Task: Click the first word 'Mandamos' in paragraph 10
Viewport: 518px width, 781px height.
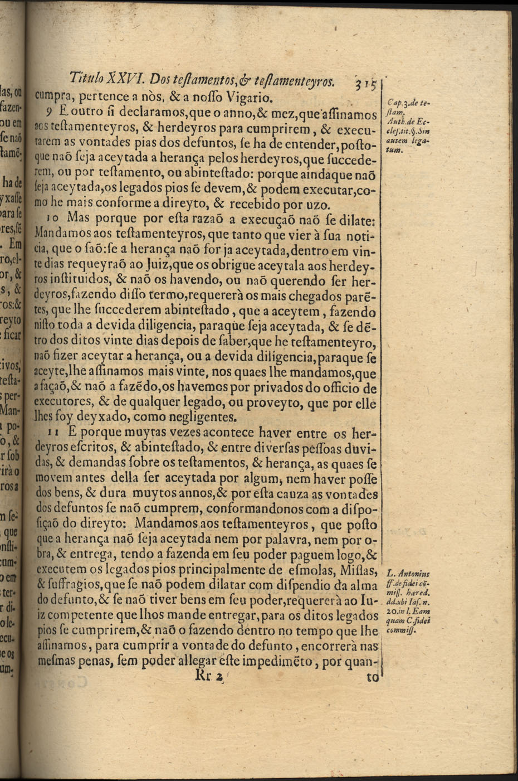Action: pyautogui.click(x=55, y=230)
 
